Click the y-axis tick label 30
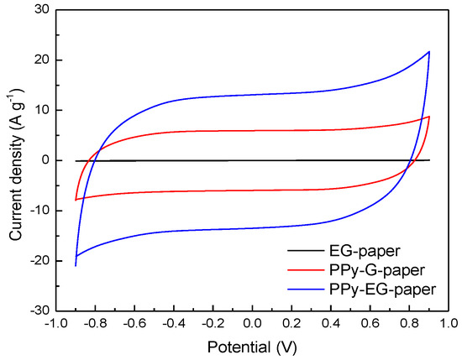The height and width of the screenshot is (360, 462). coord(39,10)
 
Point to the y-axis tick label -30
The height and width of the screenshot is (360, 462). coord(37,310)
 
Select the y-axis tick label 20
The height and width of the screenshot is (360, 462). coord(39,60)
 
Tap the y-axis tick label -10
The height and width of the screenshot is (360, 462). coord(37,211)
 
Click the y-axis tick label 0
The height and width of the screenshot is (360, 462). coord(43,160)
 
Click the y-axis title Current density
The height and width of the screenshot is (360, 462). coord(14,159)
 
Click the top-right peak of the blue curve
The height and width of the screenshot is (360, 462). coord(429,52)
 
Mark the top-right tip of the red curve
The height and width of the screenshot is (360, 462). coord(429,117)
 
